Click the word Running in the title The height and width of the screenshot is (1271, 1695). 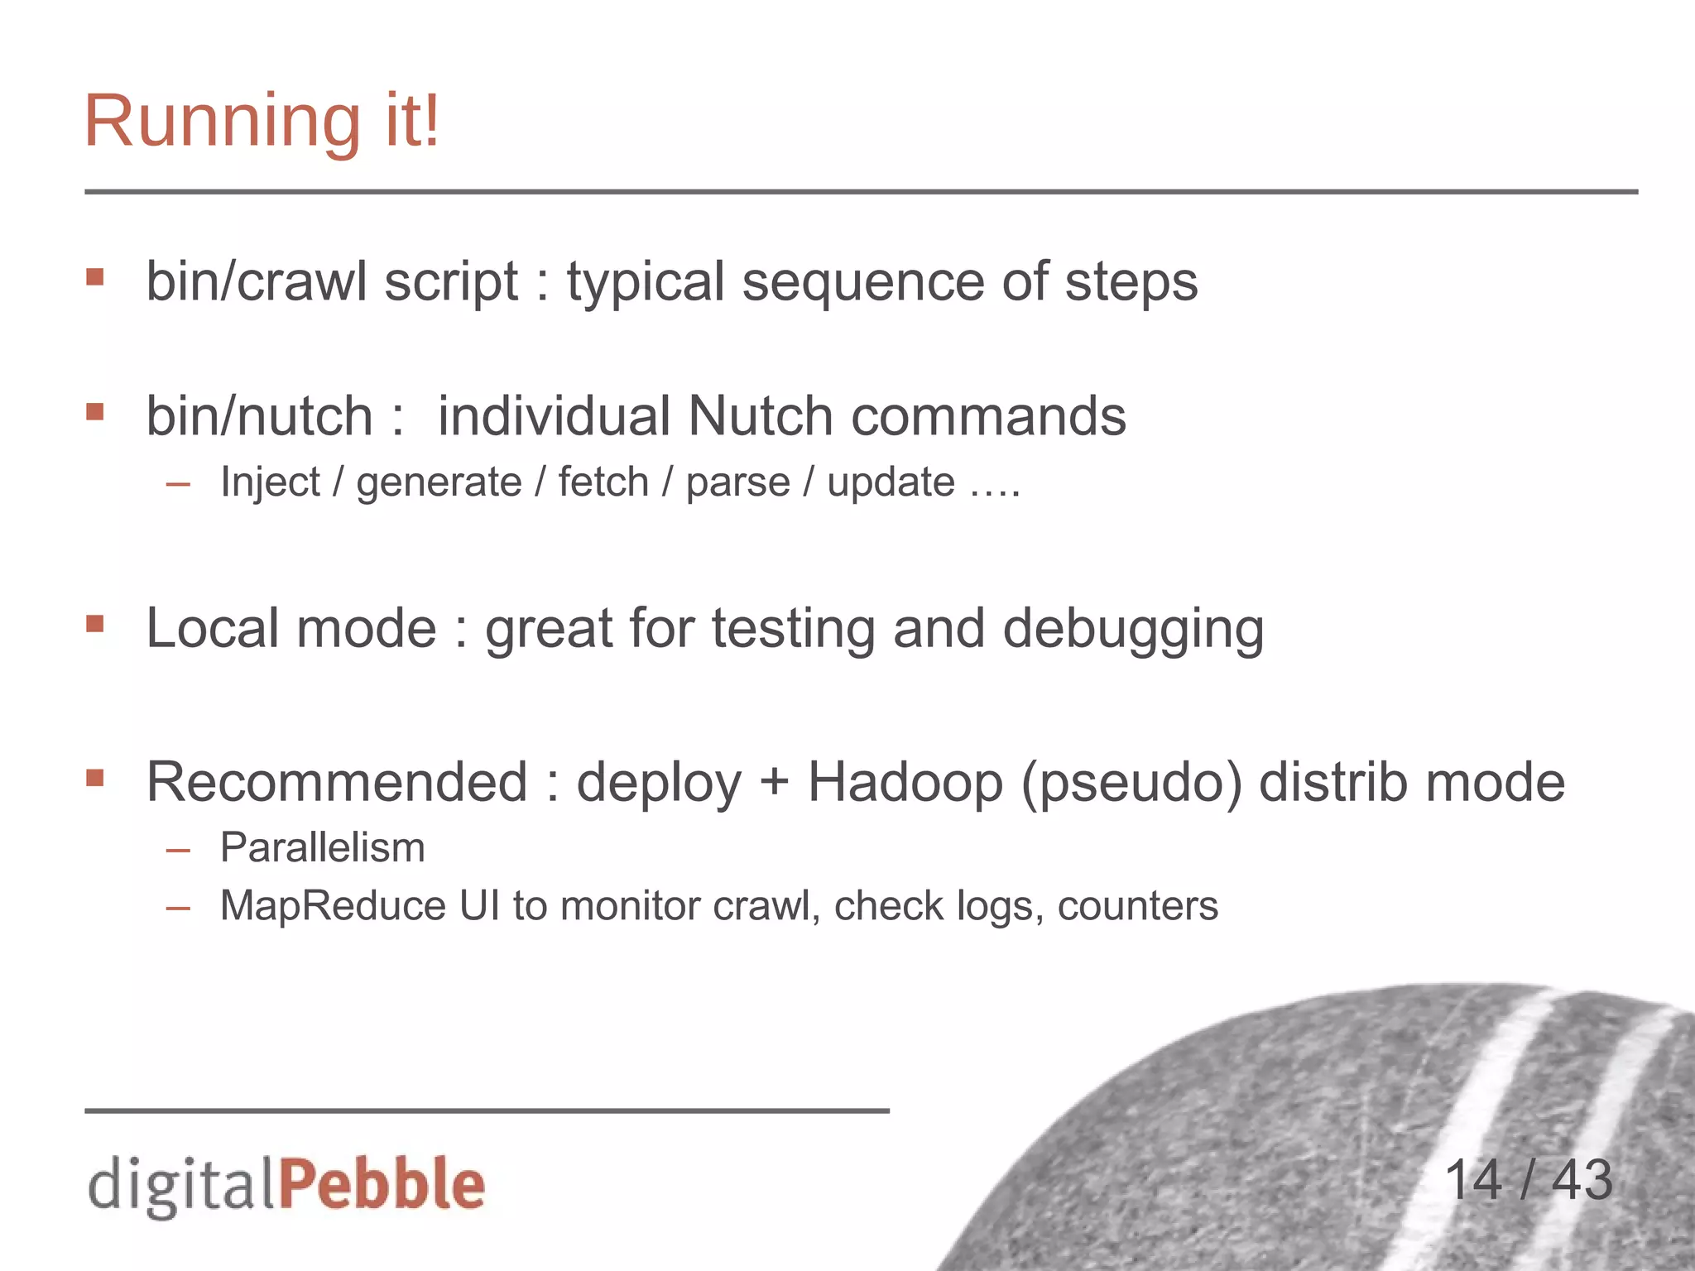[223, 122]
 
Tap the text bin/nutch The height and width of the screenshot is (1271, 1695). [259, 415]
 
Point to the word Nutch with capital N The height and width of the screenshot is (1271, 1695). [760, 415]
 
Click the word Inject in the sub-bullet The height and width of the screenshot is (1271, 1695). [270, 482]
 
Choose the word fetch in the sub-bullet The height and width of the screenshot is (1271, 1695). [603, 482]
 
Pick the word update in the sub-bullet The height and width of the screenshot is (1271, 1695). [891, 482]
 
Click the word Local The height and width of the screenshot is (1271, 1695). [212, 628]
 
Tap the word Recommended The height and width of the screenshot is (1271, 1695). [337, 782]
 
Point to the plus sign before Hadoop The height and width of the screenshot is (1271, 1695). [775, 782]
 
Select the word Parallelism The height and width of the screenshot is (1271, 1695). [322, 848]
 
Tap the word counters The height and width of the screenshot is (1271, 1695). [1137, 906]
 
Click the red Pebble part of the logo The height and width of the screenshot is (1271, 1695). [382, 1184]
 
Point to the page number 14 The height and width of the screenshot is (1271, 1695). [1472, 1180]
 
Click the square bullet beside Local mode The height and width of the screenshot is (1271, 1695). [95, 623]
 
